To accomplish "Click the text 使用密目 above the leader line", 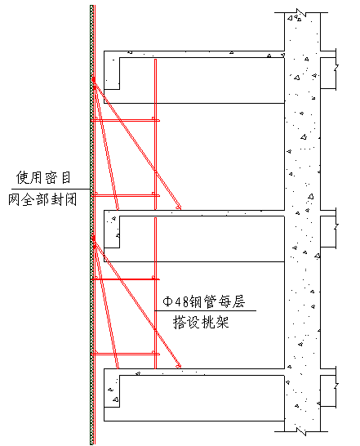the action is [43, 178].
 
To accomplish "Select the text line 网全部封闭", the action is [42, 199].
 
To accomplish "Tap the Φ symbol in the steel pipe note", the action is [168, 301].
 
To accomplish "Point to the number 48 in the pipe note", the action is [182, 301].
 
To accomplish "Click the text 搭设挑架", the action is [201, 323].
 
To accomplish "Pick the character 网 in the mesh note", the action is [14, 199].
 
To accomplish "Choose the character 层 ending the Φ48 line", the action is [238, 301].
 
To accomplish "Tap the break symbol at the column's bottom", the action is [301, 431].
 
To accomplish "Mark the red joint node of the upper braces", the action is [94, 81].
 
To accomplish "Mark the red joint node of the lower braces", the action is [94, 239].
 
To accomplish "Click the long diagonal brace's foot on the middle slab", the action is [179, 207].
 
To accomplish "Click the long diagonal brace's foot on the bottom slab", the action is [179, 366].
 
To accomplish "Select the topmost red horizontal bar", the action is [125, 121].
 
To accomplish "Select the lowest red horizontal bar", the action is [125, 355].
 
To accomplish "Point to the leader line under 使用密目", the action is [51, 189].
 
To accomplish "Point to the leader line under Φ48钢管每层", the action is [206, 310].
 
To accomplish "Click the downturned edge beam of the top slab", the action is [112, 74].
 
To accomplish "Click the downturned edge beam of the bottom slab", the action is [112, 391].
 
